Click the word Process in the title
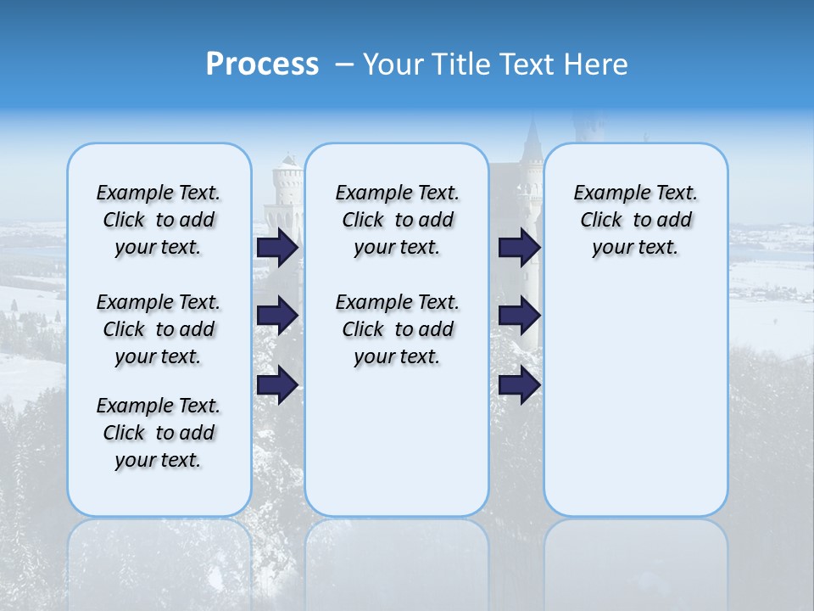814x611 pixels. (261, 64)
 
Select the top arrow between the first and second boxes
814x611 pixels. (277, 248)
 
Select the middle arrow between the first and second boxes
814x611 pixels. (277, 316)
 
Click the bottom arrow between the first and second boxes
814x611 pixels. (277, 385)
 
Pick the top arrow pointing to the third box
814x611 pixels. (519, 248)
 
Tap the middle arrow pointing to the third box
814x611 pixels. (519, 316)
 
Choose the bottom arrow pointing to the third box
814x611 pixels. (519, 385)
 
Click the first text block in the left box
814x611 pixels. (159, 220)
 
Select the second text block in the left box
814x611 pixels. (159, 329)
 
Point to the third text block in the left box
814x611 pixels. (159, 433)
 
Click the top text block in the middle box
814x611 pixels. (397, 220)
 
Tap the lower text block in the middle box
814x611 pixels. (397, 329)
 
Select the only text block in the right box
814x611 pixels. (635, 220)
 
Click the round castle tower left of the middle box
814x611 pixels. (287, 191)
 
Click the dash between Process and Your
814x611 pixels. (344, 64)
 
